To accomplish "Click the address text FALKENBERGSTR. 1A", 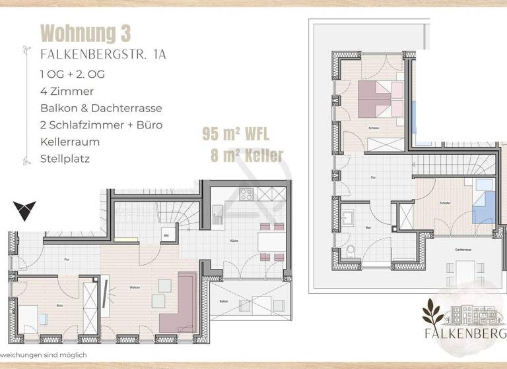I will tap(103, 55).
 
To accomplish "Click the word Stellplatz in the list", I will tap(65, 159).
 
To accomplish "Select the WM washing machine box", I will tap(166, 235).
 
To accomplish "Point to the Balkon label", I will tap(224, 301).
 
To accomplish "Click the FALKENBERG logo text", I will tap(464, 333).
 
